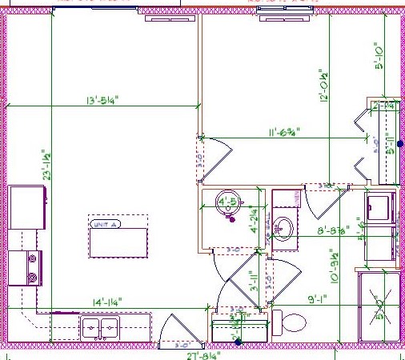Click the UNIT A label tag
pos(106,225)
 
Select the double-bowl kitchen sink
pos(101,327)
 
